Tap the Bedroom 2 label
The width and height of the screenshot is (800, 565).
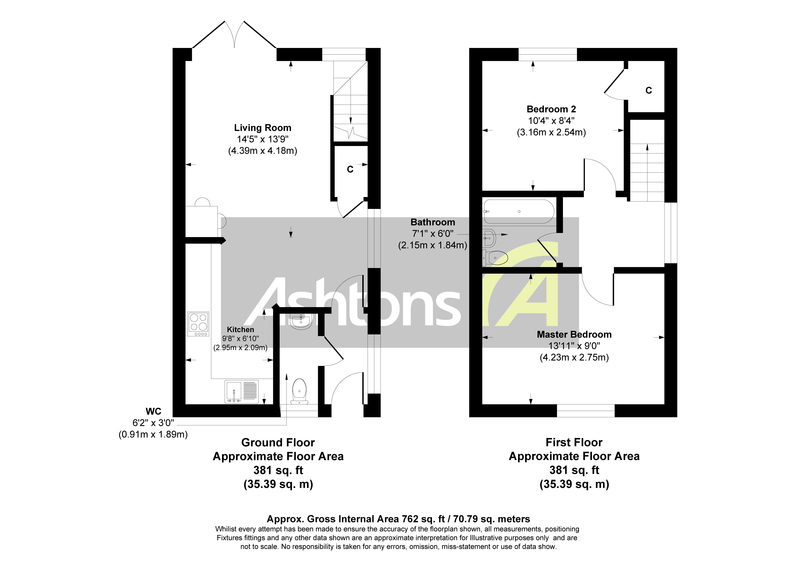pyautogui.click(x=551, y=109)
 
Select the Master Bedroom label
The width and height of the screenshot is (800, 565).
pyautogui.click(x=574, y=334)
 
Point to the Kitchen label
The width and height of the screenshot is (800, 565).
pyautogui.click(x=240, y=330)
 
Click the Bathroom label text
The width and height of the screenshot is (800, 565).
pyautogui.click(x=433, y=222)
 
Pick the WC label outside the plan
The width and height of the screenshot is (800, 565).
pyautogui.click(x=153, y=411)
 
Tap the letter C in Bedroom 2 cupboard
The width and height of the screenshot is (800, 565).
pyautogui.click(x=648, y=91)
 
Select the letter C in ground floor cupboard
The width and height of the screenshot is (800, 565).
pyautogui.click(x=350, y=169)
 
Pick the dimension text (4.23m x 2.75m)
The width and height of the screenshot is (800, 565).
pyautogui.click(x=574, y=357)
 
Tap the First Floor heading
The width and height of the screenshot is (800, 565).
pyautogui.click(x=574, y=442)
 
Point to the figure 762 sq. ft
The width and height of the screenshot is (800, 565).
pyautogui.click(x=423, y=519)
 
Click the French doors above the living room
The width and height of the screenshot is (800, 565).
pyautogui.click(x=235, y=35)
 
